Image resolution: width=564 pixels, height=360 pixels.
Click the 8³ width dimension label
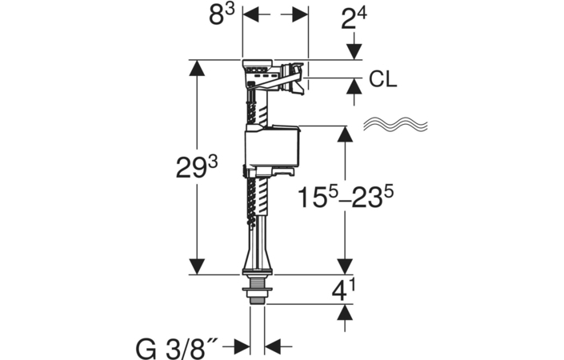click(x=222, y=14)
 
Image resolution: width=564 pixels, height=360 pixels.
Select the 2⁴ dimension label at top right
click(x=354, y=18)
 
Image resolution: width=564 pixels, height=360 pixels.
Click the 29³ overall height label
click(x=197, y=168)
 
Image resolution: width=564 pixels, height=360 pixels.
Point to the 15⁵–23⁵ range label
click(x=346, y=197)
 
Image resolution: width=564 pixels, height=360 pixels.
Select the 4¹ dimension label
click(x=342, y=290)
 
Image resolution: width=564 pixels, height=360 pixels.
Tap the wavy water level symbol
click(x=395, y=124)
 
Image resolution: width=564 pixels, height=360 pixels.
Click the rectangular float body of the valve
click(x=272, y=147)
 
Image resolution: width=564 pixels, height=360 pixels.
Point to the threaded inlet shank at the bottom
click(x=257, y=290)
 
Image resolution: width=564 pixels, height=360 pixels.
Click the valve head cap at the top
click(x=258, y=64)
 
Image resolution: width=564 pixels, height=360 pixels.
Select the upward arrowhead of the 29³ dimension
click(x=196, y=68)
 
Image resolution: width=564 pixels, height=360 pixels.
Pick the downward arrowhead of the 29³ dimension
click(x=196, y=266)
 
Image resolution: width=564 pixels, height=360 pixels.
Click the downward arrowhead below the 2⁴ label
click(x=354, y=51)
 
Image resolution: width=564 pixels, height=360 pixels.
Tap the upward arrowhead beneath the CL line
click(x=354, y=86)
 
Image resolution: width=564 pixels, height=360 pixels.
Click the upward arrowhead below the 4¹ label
click(x=346, y=312)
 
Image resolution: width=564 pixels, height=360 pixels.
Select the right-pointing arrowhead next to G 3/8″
click(x=242, y=347)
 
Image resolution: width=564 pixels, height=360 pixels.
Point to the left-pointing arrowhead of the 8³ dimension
click(x=251, y=14)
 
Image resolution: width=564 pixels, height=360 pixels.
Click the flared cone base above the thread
click(x=257, y=258)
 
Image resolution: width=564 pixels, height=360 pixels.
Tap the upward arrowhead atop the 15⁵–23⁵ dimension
click(x=346, y=134)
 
